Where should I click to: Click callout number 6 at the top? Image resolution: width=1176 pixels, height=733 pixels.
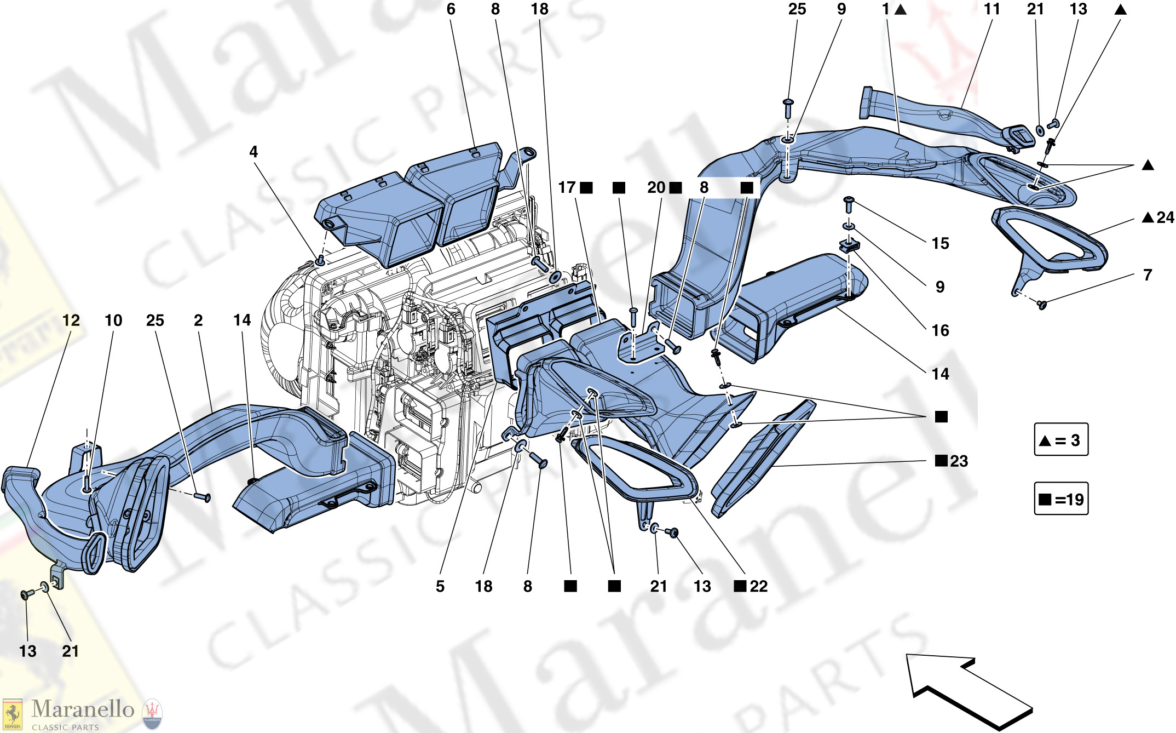(x=451, y=9)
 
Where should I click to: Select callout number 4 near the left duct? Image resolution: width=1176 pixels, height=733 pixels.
(x=253, y=152)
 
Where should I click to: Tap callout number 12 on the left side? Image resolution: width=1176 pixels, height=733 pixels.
(x=71, y=320)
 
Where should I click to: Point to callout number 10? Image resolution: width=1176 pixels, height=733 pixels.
(x=113, y=320)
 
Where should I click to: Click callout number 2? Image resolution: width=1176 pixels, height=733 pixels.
(x=198, y=320)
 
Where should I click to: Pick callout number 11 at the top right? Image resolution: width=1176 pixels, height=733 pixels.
(x=991, y=9)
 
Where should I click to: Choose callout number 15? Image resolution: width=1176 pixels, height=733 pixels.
(x=940, y=243)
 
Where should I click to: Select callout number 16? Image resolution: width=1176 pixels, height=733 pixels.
(x=940, y=330)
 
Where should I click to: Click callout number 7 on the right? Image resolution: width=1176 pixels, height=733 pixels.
(x=1148, y=275)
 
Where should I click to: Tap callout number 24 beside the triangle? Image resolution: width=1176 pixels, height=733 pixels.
(x=1165, y=217)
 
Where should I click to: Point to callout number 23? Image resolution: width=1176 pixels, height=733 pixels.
(x=959, y=461)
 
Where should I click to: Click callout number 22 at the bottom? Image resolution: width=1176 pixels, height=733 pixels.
(x=758, y=586)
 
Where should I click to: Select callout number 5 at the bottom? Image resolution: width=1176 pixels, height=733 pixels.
(x=440, y=586)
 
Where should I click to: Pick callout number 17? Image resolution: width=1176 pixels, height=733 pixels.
(x=567, y=187)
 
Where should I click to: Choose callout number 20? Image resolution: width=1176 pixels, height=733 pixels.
(x=656, y=187)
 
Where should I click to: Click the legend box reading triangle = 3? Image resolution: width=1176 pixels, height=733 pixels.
(x=1060, y=439)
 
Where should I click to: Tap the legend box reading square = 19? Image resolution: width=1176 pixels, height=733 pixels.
(x=1060, y=499)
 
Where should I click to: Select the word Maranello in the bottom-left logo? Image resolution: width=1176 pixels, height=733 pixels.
(x=83, y=709)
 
